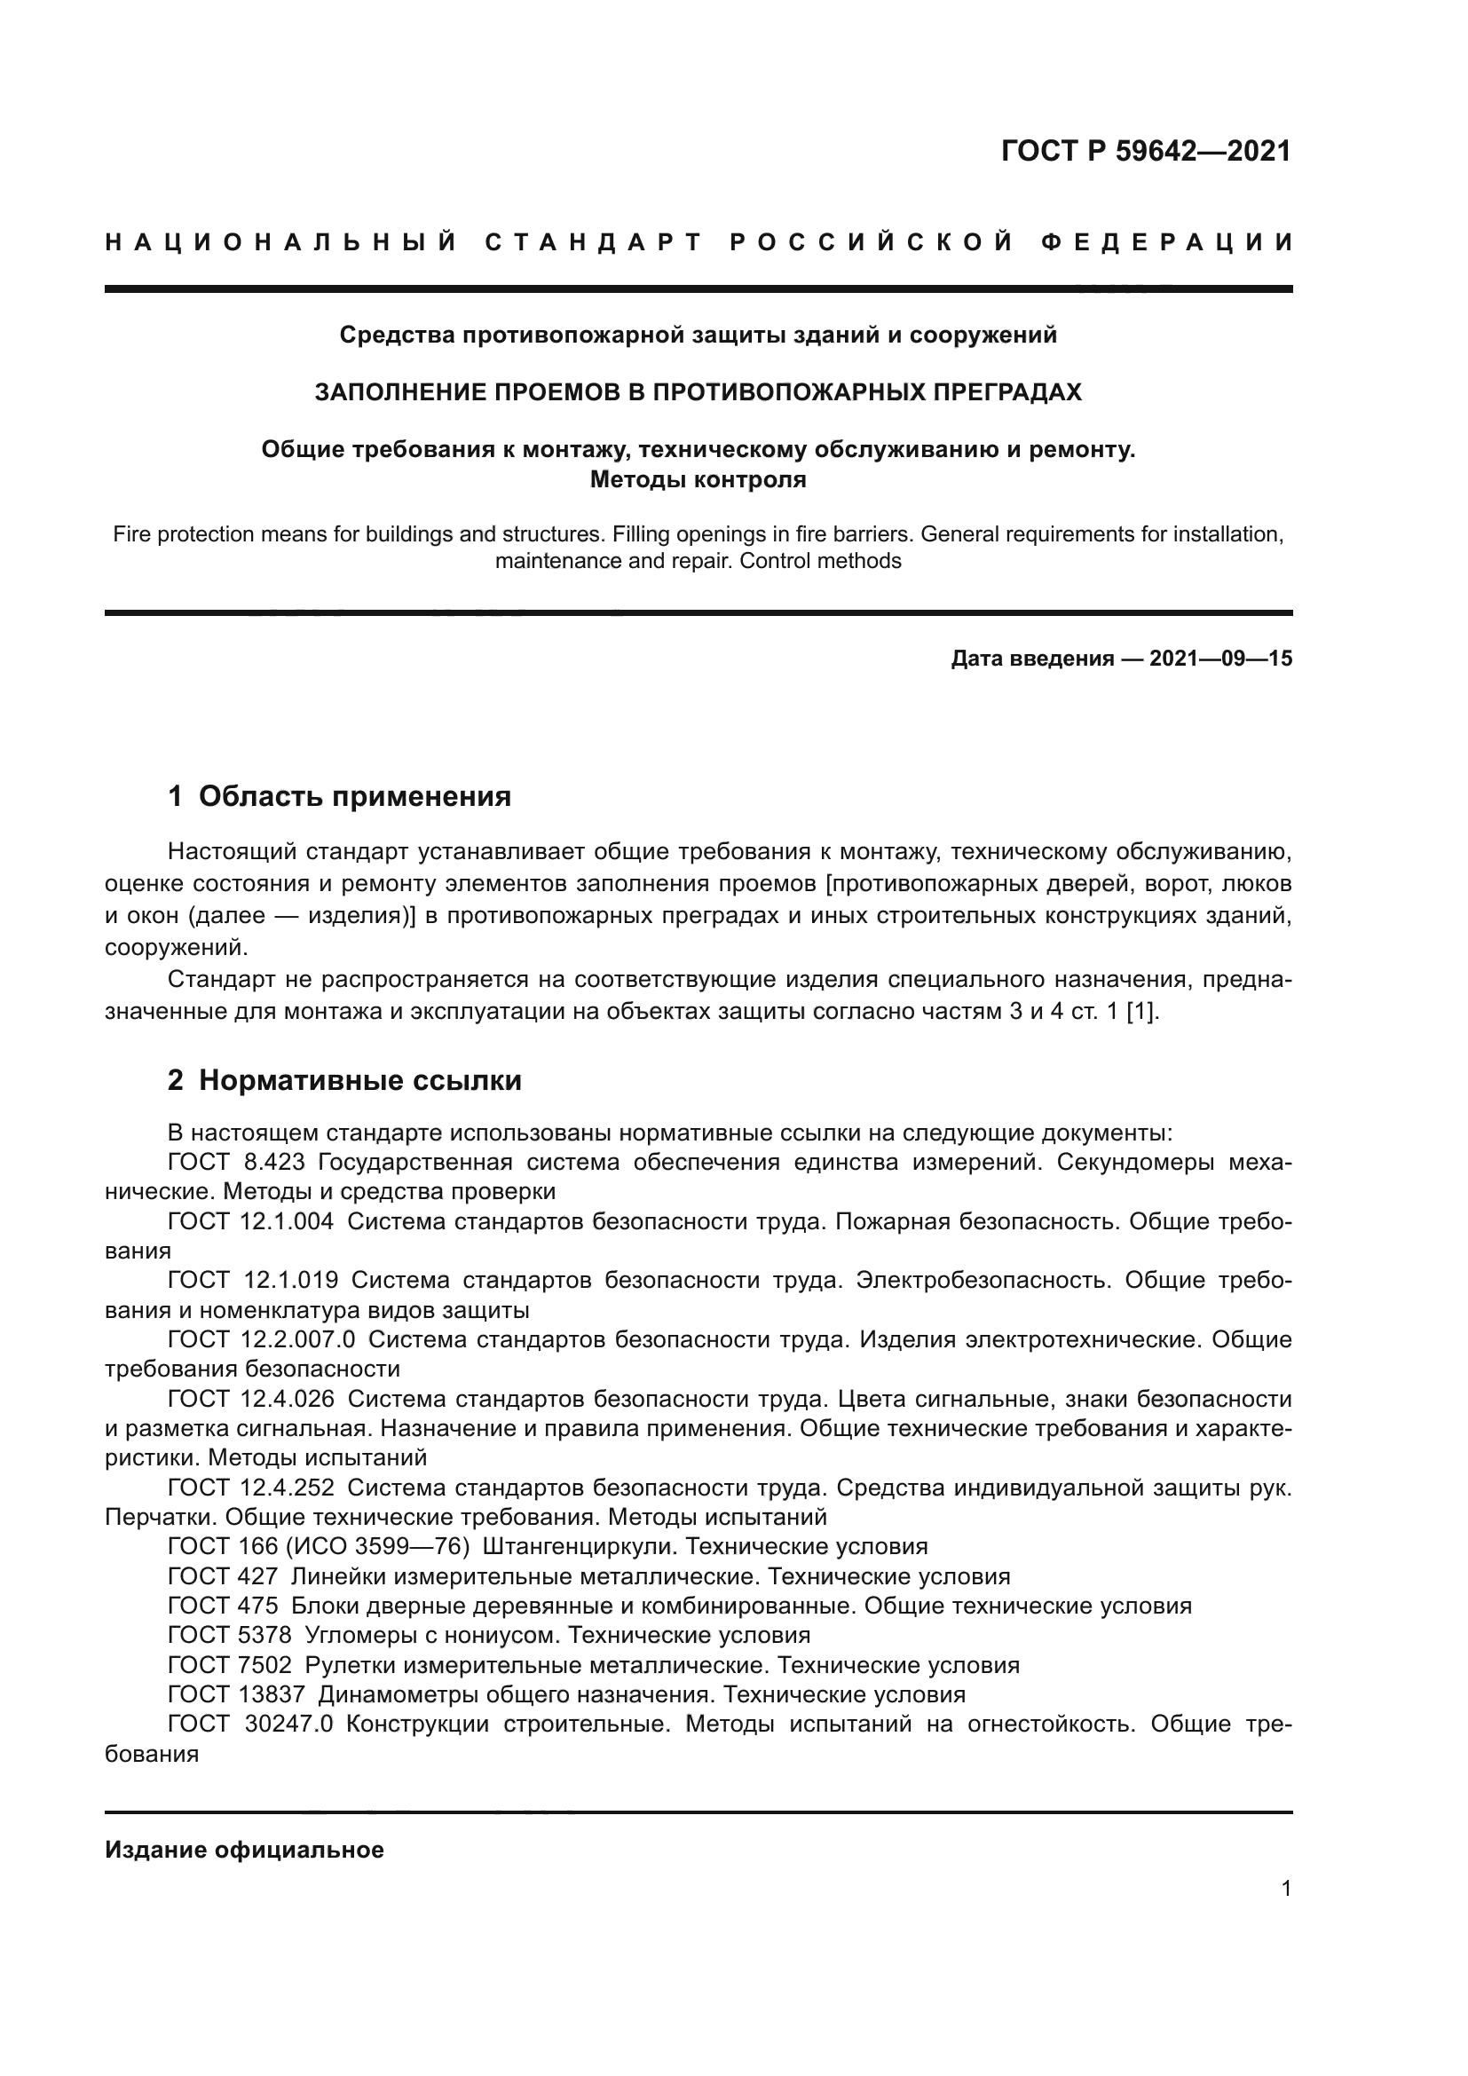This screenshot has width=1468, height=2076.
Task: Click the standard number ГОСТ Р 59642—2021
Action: (x=1145, y=151)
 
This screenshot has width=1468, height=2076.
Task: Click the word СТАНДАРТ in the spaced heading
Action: (x=593, y=242)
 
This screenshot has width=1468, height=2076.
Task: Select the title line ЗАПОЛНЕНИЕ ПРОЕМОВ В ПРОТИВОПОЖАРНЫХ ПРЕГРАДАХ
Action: (x=698, y=392)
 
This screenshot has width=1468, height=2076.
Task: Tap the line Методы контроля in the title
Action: (x=698, y=480)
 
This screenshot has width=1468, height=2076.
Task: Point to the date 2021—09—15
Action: (x=1220, y=659)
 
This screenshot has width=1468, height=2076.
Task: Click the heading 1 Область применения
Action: (x=340, y=796)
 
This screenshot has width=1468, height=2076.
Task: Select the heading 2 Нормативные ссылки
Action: (x=344, y=1080)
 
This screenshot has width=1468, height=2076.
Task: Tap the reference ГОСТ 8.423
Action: (x=236, y=1163)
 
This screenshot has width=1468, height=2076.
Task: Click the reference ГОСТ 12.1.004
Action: (x=250, y=1221)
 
